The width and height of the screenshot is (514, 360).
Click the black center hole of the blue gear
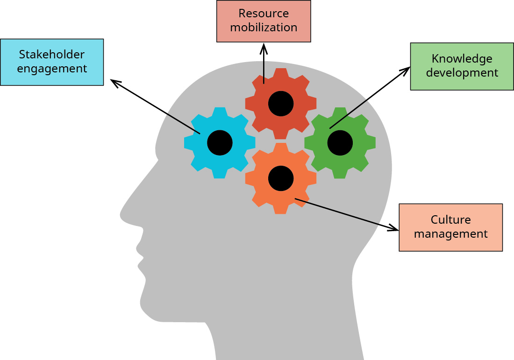(x=220, y=143)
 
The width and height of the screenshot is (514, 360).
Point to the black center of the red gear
(x=281, y=104)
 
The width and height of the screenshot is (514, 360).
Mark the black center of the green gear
(x=340, y=143)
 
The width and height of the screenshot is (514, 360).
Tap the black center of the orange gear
(x=281, y=178)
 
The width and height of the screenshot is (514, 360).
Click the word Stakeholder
(x=51, y=55)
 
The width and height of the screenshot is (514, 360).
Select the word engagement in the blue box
(x=51, y=69)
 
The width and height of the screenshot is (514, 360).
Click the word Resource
(x=264, y=14)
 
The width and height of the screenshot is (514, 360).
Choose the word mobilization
(x=264, y=28)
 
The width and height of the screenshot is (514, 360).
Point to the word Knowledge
(x=462, y=59)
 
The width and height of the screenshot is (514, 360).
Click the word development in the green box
(x=462, y=73)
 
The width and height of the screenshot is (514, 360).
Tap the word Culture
(x=450, y=220)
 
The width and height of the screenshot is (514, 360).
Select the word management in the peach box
(x=450, y=234)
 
